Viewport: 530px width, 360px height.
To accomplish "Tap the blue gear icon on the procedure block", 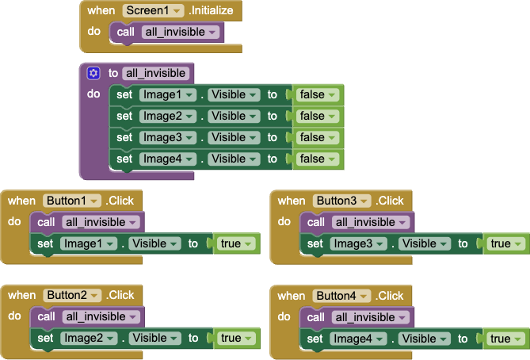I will (x=93, y=73).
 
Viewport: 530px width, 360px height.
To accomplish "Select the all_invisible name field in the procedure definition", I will (x=156, y=73).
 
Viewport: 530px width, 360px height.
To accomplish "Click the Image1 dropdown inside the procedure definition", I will (x=167, y=94).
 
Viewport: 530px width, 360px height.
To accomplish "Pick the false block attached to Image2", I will (x=318, y=116).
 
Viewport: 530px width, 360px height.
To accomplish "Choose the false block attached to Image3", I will (x=318, y=137).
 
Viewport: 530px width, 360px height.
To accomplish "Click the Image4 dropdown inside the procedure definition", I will (x=167, y=159).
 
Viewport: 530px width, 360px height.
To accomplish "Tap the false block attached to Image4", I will (x=318, y=159).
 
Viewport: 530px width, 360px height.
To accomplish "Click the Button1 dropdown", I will (x=72, y=201).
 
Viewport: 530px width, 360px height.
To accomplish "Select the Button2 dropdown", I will (x=72, y=295).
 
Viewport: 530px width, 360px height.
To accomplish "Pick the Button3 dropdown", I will (x=342, y=201).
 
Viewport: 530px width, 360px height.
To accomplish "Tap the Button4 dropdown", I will (x=342, y=295).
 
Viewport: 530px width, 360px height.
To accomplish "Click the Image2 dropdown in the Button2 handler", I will (x=88, y=338).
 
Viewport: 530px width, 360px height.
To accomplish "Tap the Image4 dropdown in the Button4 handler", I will (x=358, y=338).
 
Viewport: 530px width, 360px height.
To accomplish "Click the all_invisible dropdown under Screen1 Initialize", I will (x=180, y=32).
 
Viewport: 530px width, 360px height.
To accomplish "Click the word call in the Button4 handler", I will (x=315, y=316).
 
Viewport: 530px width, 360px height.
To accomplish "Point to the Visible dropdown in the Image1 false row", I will (x=234, y=94).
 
